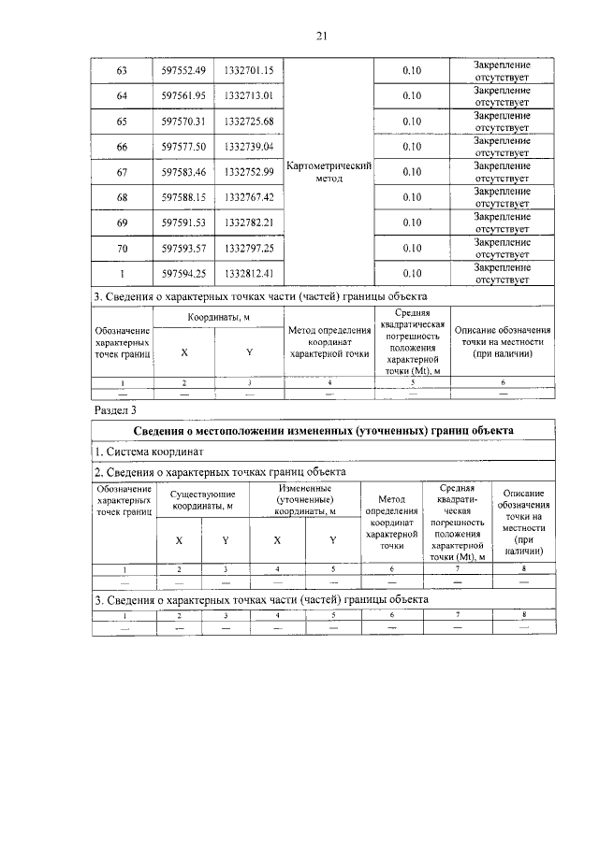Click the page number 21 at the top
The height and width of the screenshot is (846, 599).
(x=320, y=36)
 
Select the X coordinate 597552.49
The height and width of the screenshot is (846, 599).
(x=183, y=70)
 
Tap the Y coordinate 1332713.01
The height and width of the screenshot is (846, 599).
(x=249, y=96)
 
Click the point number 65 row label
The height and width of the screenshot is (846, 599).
(x=122, y=122)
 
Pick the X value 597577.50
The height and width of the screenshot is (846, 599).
(x=183, y=148)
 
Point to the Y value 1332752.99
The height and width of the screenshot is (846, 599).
(x=249, y=173)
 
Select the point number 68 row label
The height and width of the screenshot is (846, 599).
(x=122, y=198)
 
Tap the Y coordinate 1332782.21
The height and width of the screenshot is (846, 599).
(x=249, y=223)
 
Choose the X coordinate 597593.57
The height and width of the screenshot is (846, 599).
(x=183, y=249)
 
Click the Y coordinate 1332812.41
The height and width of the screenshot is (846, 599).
(x=249, y=274)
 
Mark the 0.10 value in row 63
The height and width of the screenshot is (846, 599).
(x=411, y=70)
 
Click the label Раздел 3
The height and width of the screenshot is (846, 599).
(x=115, y=409)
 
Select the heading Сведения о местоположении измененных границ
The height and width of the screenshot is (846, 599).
(x=320, y=431)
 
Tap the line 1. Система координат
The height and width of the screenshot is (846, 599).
(x=150, y=452)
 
